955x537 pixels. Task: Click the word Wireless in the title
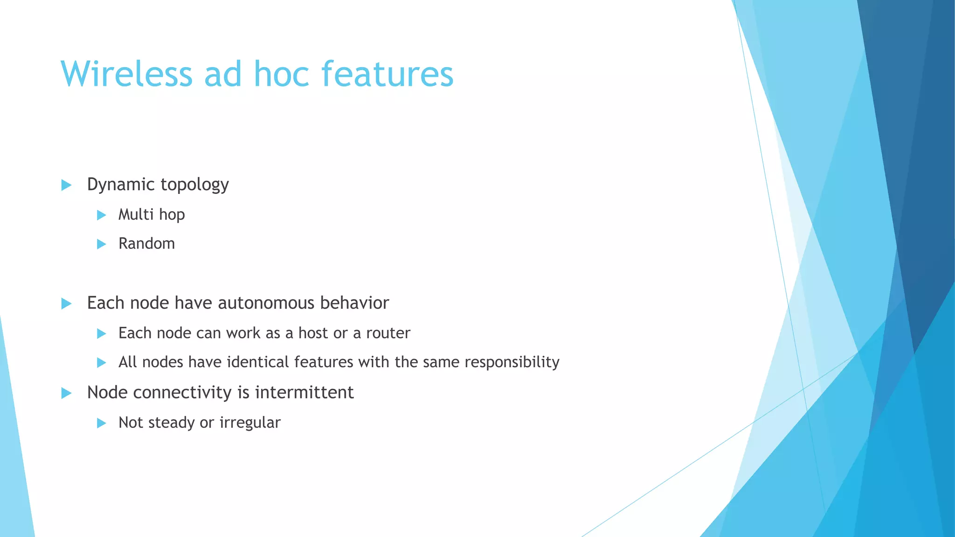click(126, 74)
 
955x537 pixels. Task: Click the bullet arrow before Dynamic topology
click(66, 185)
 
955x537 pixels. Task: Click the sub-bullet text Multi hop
click(152, 214)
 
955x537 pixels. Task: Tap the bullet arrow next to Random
click(101, 244)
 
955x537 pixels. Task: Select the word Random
click(146, 243)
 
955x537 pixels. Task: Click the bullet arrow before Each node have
click(66, 304)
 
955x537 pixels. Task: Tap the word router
click(388, 333)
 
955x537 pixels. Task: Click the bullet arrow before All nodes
click(101, 363)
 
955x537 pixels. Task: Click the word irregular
click(250, 423)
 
